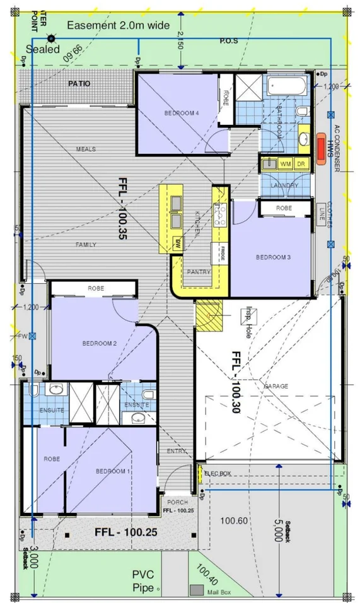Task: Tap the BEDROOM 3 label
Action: (x=272, y=257)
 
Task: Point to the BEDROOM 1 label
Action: (x=113, y=471)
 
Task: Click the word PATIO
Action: (x=79, y=83)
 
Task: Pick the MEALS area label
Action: (x=86, y=149)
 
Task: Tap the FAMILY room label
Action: (x=86, y=244)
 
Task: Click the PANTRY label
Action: (x=199, y=272)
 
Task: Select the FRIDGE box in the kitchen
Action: (x=223, y=252)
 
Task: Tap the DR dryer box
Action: (x=301, y=163)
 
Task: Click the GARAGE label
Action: (x=276, y=385)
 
